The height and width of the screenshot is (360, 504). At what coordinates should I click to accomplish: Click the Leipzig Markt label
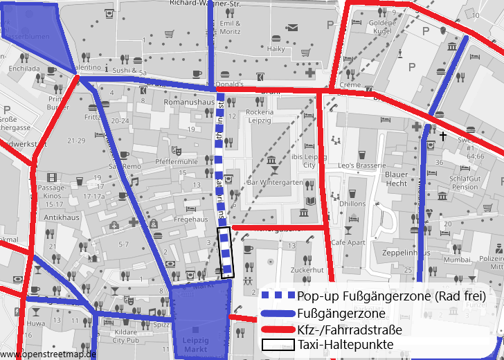click(195, 345)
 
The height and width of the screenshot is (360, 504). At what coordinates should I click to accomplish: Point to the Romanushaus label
click(188, 102)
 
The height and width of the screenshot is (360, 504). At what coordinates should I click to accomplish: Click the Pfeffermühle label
click(177, 161)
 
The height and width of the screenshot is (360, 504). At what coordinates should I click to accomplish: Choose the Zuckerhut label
click(308, 269)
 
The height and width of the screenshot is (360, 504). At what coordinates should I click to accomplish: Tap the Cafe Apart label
click(348, 243)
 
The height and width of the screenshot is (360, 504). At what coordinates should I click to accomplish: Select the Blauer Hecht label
click(397, 179)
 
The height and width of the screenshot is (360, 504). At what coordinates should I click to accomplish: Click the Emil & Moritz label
click(230, 27)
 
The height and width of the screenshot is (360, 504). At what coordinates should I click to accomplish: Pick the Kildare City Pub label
click(126, 336)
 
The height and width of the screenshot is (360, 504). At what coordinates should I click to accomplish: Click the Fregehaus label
click(191, 219)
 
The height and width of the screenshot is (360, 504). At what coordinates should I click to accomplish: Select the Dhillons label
click(352, 204)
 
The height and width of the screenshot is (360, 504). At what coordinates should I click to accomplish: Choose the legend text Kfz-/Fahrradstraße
click(350, 329)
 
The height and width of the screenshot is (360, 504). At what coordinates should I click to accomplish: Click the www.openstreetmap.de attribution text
click(48, 354)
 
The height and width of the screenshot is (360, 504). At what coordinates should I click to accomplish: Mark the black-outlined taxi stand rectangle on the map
click(226, 252)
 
